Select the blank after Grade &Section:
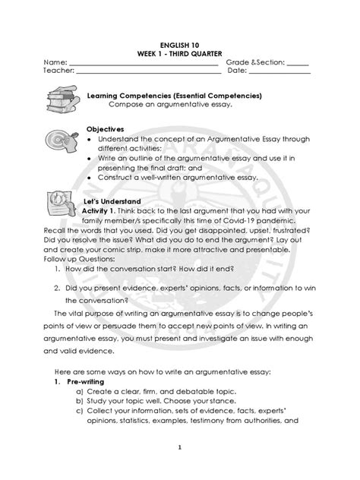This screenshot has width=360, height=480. tap(298, 62)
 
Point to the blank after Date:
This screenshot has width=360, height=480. tap(279, 74)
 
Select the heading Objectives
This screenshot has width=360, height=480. tap(105, 128)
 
